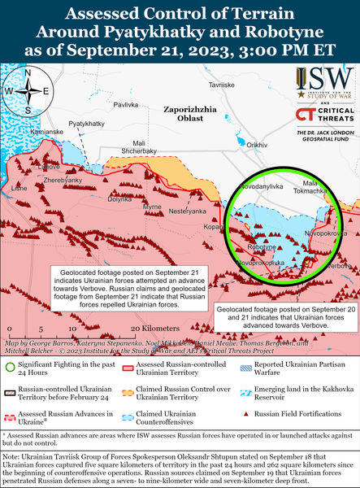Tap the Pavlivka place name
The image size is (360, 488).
coord(125,106)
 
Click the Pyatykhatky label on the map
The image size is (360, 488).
coord(86,124)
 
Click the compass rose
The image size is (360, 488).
coord(28,90)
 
